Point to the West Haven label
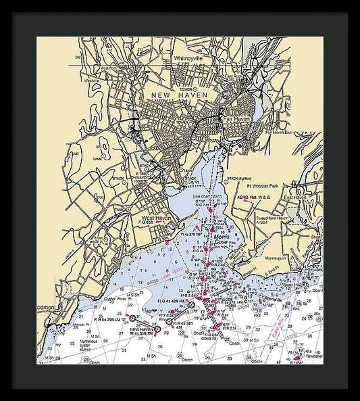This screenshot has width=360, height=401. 155,218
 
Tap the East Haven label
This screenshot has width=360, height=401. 295,197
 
